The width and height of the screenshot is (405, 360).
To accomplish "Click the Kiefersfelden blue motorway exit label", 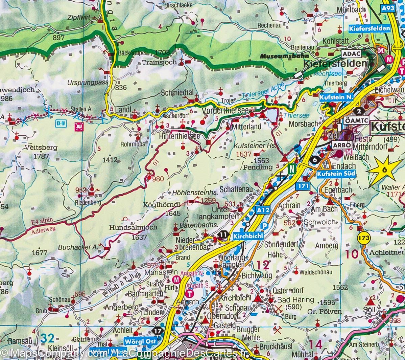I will click(369, 28).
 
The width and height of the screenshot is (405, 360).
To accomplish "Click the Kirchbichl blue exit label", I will click(248, 235).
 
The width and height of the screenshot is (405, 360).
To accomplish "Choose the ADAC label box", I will click(352, 54).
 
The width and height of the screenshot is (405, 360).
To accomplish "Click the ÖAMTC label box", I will click(355, 120).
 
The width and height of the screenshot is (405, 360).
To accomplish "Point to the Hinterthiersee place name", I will click(179, 136).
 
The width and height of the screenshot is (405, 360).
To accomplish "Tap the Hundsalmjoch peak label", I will click(133, 228).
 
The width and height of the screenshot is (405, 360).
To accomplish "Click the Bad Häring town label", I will click(295, 300).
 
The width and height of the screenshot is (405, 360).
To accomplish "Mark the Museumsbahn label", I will click(280, 56).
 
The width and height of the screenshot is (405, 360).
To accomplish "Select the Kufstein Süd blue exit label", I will click(336, 174).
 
